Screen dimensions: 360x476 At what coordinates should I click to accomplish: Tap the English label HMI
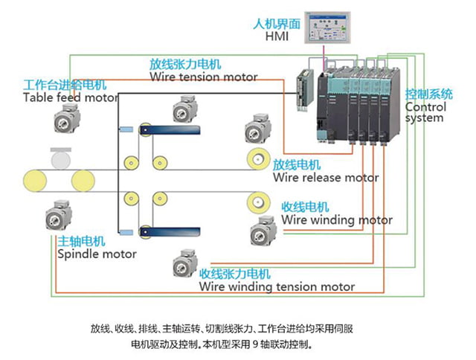(276, 36)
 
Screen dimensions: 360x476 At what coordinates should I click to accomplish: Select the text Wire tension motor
(203, 77)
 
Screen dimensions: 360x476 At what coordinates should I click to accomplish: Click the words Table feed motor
(70, 97)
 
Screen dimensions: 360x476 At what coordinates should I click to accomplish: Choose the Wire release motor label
(325, 178)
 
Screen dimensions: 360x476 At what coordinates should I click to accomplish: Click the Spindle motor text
(97, 254)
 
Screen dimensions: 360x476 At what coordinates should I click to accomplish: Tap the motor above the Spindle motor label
(59, 216)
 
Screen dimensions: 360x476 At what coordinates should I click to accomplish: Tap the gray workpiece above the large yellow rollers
(57, 158)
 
